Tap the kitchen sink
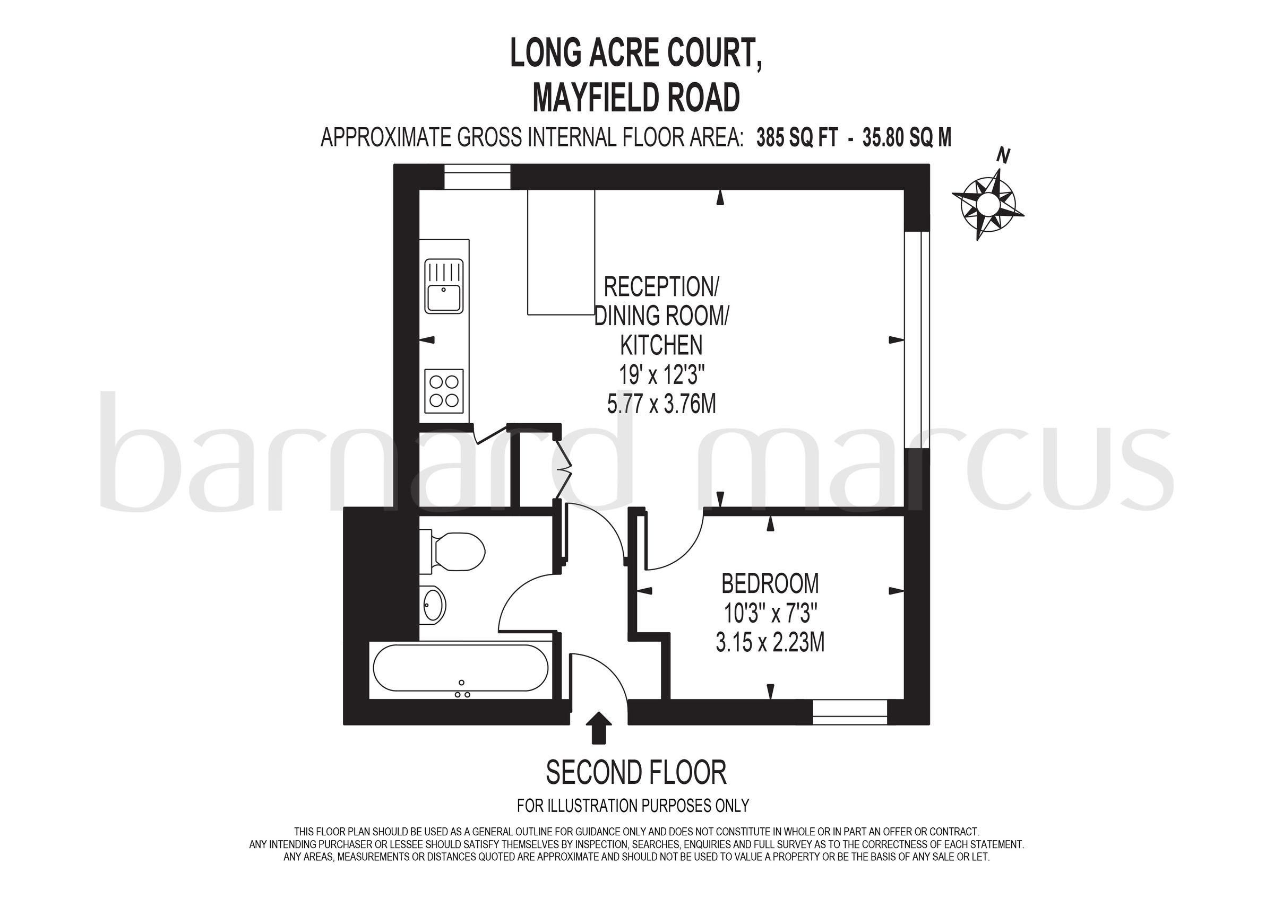pos(444,287)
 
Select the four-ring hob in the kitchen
pos(444,391)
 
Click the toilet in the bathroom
pos(452,552)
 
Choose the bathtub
pos(461,668)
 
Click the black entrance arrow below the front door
pos(599,728)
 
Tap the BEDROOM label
pos(770,583)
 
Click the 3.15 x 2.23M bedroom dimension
pos(770,643)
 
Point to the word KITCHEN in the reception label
pos(661,345)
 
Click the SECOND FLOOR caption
pos(636,773)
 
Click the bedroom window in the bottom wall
pos(850,713)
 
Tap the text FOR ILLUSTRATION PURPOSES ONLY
pos(633,805)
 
